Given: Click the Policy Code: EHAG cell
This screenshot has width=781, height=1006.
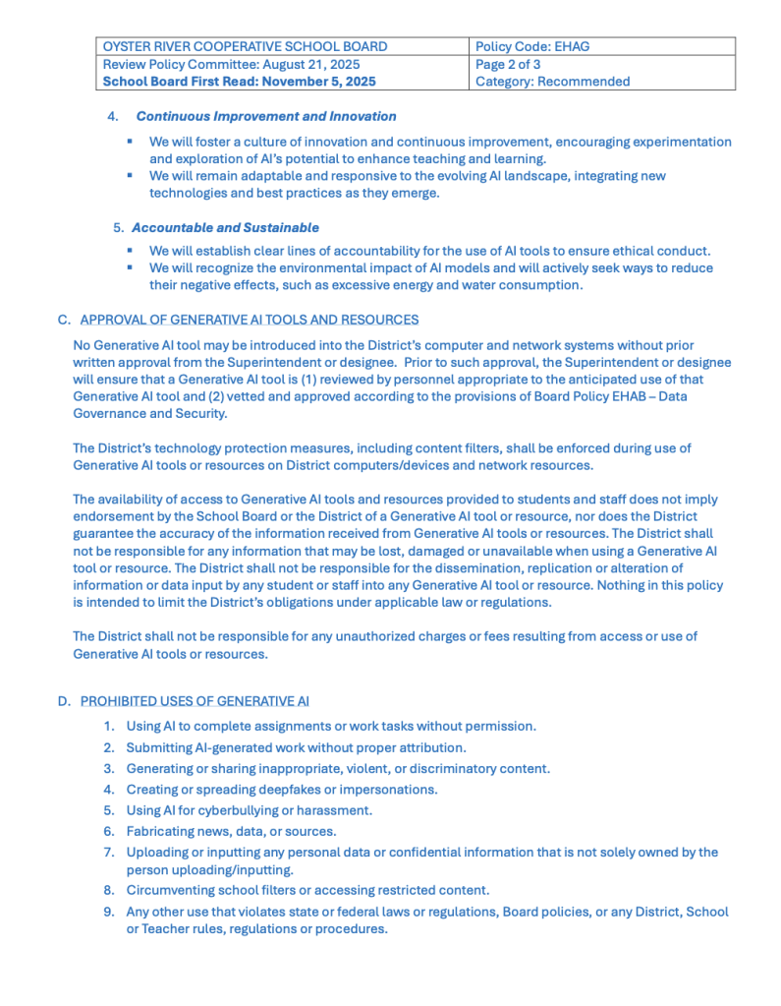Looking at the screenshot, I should point(531,46).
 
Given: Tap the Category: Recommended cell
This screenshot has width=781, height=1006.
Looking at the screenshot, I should point(552,82).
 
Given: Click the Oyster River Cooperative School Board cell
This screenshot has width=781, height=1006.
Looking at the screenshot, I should point(245,46).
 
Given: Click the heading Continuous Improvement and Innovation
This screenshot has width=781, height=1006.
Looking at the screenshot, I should point(266,116).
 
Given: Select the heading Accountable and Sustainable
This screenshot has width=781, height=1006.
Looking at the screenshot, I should point(225,227).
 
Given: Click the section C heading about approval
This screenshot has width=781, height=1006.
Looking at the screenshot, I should point(249,320).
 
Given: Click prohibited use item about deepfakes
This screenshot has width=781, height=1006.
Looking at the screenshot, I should point(282,789).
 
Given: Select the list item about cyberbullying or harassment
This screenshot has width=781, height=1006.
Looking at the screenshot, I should point(249,810).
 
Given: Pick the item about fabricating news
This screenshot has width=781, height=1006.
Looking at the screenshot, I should point(231,831).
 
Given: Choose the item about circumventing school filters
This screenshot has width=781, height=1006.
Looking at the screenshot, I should point(307,890).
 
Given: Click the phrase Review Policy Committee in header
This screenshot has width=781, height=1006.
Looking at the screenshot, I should point(171,64).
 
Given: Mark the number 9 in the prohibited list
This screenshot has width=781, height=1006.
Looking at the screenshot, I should point(108,912).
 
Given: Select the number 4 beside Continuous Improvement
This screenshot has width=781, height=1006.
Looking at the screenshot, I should point(113,116).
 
